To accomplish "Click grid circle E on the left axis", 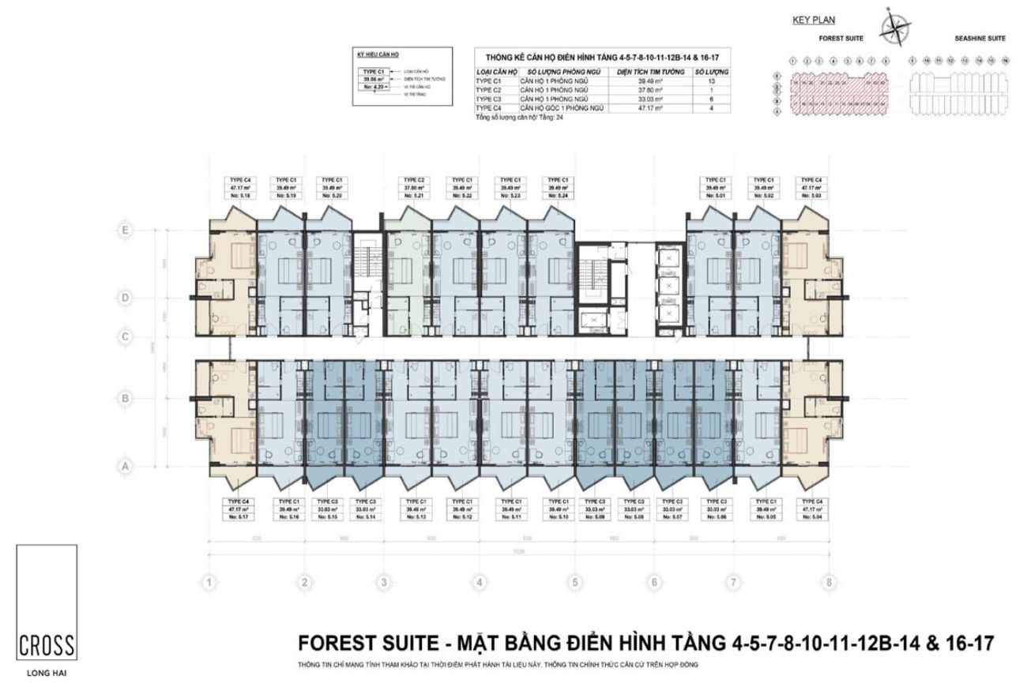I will click(124, 230).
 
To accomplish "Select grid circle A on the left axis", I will click(124, 467).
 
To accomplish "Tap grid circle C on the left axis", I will click(124, 336).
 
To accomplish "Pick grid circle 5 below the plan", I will click(574, 583).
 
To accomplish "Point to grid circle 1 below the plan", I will click(209, 583).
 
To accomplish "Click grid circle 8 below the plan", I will click(829, 583).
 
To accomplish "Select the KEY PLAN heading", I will click(813, 21).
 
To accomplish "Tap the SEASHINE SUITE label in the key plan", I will click(980, 38).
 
